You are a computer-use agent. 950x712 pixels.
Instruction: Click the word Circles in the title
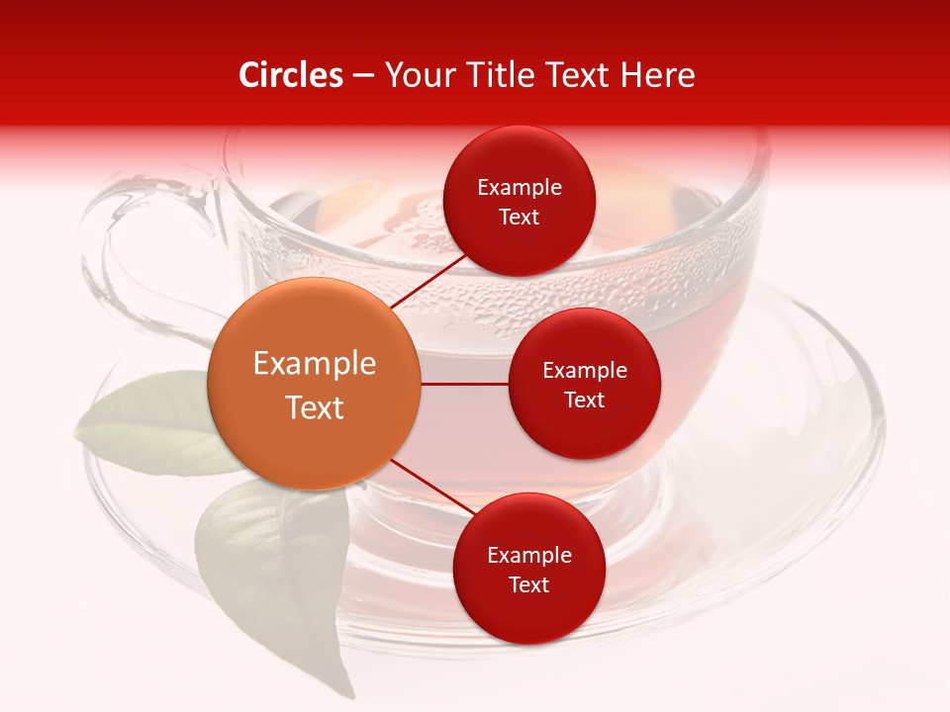pyautogui.click(x=291, y=75)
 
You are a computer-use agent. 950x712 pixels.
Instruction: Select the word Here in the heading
pyautogui.click(x=658, y=75)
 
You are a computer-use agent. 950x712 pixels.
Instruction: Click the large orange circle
pyautogui.click(x=315, y=384)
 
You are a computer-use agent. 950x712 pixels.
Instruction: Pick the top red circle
pyautogui.click(x=520, y=201)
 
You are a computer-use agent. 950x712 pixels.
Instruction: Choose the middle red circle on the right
pyautogui.click(x=585, y=385)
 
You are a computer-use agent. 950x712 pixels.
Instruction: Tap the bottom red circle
pyautogui.click(x=529, y=569)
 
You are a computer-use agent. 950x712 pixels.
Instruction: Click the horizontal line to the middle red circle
pyautogui.click(x=465, y=384)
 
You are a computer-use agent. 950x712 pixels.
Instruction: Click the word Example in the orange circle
pyautogui.click(x=315, y=364)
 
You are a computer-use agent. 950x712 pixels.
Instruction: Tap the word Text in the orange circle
pyautogui.click(x=315, y=407)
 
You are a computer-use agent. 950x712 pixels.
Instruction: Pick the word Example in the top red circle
pyautogui.click(x=520, y=188)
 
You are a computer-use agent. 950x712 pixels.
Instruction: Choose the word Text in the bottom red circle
pyautogui.click(x=529, y=584)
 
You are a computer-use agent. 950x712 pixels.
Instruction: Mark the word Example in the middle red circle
pyautogui.click(x=585, y=371)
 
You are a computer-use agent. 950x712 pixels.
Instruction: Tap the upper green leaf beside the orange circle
pyautogui.click(x=148, y=420)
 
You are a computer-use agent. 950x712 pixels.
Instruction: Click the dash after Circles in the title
pyautogui.click(x=363, y=76)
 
